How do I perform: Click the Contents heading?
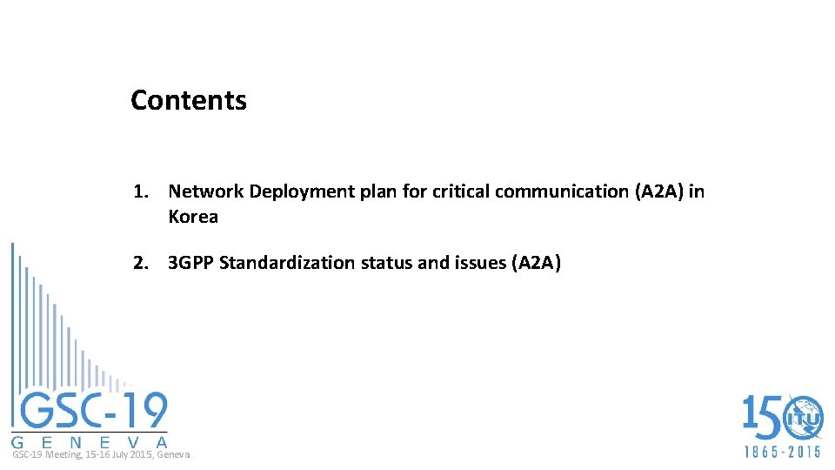click(189, 100)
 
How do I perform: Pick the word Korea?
click(193, 217)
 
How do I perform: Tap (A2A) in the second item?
click(536, 263)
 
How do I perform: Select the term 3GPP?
click(191, 263)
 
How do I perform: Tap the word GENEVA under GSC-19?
click(90, 440)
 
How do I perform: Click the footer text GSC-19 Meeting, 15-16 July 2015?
click(101, 455)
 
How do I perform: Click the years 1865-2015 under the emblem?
click(782, 453)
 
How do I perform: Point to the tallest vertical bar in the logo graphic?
click(13, 331)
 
